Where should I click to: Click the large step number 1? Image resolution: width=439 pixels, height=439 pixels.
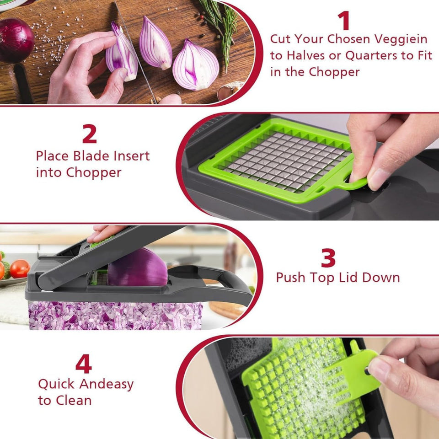(343, 21)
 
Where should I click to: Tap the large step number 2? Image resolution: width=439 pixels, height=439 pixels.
(90, 134)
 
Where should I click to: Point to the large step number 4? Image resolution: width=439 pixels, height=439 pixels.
(83, 364)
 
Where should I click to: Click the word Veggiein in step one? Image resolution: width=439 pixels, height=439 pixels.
(400, 39)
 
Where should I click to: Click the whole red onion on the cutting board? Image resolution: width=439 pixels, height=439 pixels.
(16, 40)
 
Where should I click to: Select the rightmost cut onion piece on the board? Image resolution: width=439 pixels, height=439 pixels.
(195, 65)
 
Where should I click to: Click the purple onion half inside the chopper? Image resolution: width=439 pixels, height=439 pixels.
(137, 268)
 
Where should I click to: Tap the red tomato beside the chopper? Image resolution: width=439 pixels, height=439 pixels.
(20, 269)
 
